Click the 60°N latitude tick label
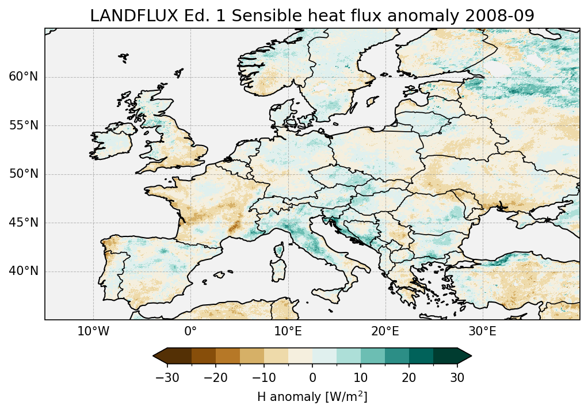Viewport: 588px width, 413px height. tap(23, 77)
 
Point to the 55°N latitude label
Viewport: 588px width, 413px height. tap(23, 125)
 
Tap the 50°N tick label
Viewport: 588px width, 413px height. tap(23, 174)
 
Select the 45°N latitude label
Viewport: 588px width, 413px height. tap(23, 223)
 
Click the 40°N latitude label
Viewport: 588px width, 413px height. tap(23, 271)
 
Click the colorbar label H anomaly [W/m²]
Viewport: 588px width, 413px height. tap(312, 397)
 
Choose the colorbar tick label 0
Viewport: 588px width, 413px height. tap(312, 377)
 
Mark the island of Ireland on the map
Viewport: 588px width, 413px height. tap(113, 142)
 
